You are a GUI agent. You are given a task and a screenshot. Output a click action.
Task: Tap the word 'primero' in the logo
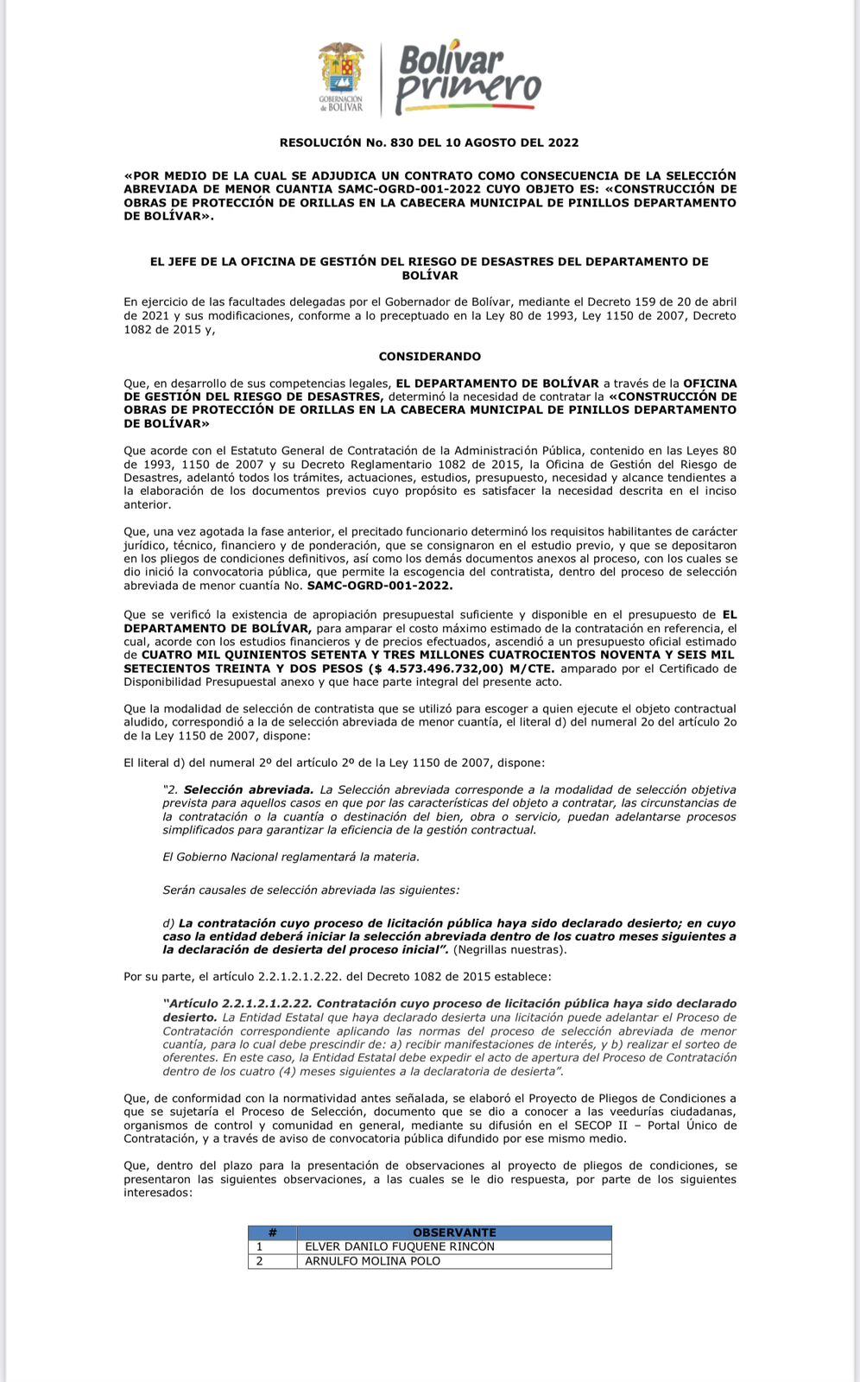click(468, 89)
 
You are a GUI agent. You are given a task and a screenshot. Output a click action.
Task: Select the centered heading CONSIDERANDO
click(429, 356)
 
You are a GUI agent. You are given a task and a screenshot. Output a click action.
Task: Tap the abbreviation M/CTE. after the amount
click(534, 669)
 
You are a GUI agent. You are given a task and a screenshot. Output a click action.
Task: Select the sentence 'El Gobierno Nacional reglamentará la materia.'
click(291, 857)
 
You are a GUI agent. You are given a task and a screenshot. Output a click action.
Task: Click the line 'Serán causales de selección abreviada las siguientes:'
click(311, 889)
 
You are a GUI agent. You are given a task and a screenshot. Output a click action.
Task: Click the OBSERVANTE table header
click(454, 1233)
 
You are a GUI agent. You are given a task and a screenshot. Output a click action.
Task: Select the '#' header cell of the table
click(272, 1233)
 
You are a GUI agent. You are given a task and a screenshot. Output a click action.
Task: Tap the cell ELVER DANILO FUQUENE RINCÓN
click(399, 1246)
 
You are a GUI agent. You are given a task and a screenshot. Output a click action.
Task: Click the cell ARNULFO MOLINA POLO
click(372, 1261)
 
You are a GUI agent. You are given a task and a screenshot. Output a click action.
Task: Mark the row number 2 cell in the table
click(260, 1261)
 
